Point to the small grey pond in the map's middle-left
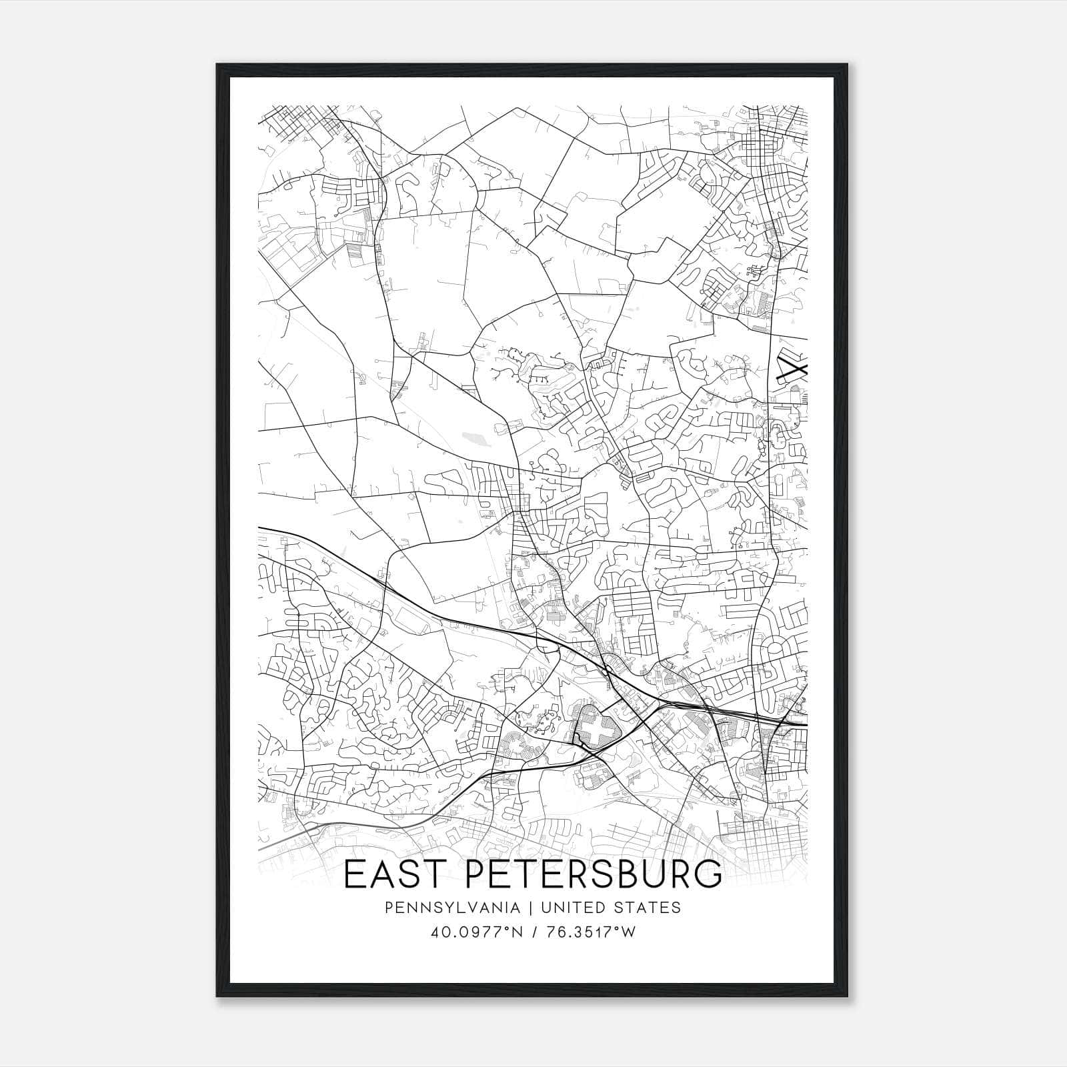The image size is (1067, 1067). (x=477, y=438)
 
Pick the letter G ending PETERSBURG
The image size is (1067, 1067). (x=708, y=876)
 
